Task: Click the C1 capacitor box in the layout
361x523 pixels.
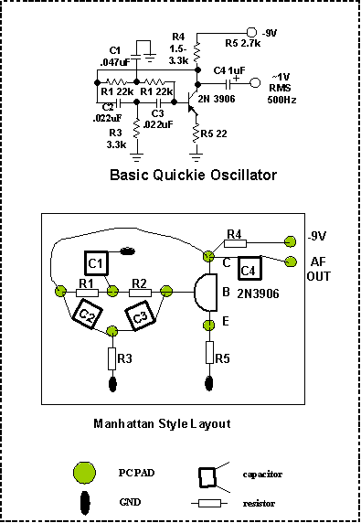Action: point(96,263)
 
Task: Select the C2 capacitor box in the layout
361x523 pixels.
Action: point(87,314)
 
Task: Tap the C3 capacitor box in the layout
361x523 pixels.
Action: point(141,315)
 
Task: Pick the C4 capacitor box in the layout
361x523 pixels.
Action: point(250,268)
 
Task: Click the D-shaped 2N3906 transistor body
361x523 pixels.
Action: point(206,293)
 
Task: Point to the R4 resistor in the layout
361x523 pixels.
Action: point(235,243)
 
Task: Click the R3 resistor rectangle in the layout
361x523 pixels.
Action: point(112,358)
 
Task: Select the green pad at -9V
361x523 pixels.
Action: point(291,241)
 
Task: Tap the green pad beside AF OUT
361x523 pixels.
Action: point(291,261)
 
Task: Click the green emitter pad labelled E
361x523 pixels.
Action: point(209,325)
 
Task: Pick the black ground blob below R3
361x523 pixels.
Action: point(112,384)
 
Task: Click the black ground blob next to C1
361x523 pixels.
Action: point(127,251)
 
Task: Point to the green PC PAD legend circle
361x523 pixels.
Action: point(85,473)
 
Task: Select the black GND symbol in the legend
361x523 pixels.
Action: point(85,502)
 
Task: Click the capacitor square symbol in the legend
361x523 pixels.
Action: point(207,477)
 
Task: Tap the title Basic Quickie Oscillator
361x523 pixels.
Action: point(194,175)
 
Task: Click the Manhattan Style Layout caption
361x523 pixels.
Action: point(162,423)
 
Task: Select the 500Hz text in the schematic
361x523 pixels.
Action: point(282,100)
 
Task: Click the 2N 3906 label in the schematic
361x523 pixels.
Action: point(217,99)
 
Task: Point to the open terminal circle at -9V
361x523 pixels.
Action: point(251,32)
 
